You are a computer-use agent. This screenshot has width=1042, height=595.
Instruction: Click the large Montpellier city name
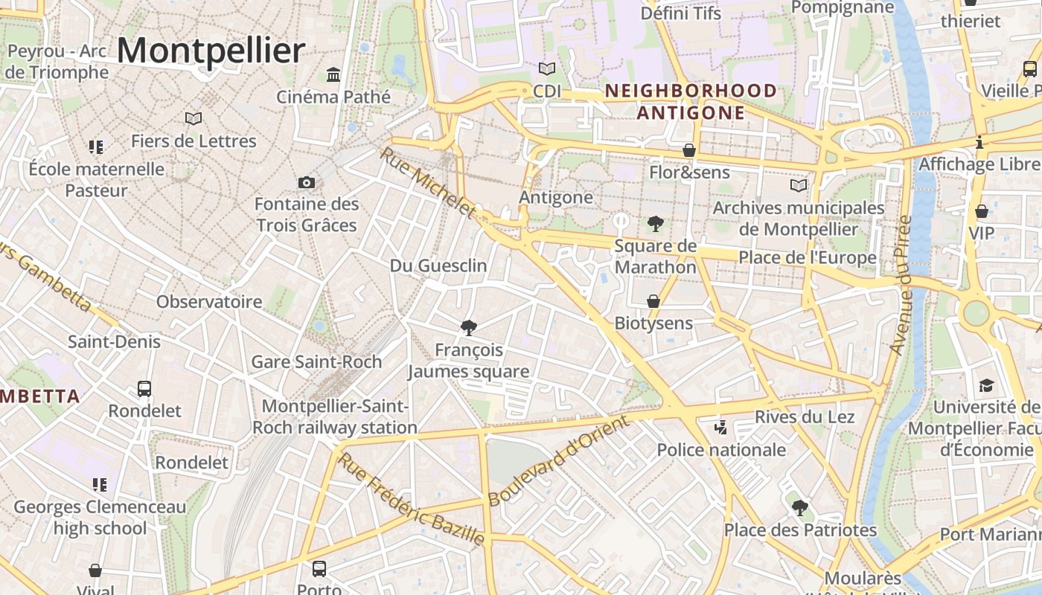coord(211,51)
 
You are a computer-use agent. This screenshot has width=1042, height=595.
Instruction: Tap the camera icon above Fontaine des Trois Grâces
coord(306,182)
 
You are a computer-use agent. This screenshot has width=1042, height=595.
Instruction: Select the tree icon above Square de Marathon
coord(656,223)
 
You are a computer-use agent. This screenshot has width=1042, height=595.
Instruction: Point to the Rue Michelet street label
coord(428,183)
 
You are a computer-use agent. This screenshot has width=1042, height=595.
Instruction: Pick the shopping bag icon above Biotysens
coord(653,301)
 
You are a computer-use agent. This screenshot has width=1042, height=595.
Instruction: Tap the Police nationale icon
coord(720,427)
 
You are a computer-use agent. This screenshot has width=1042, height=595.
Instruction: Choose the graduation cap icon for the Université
coord(986,385)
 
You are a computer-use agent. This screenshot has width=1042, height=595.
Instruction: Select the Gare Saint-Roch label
coord(316,362)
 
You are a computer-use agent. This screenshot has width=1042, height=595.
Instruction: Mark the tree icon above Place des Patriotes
coord(800,508)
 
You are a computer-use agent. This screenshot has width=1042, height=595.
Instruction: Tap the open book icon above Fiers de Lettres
coord(194,118)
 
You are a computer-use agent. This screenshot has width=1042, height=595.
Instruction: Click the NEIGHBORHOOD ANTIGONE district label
coord(691,102)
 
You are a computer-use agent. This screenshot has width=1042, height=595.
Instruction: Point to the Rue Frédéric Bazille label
coord(411,498)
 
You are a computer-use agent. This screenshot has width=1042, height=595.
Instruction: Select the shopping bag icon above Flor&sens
coord(689,150)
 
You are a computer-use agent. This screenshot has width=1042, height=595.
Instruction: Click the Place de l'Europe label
coord(808,258)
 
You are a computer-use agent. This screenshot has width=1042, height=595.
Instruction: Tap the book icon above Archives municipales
coord(799,185)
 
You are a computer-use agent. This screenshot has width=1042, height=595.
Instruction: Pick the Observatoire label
coord(209,302)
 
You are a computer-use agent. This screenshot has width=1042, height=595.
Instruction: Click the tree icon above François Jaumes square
coord(469,327)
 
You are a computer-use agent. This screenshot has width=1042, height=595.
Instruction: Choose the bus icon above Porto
coord(319,569)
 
